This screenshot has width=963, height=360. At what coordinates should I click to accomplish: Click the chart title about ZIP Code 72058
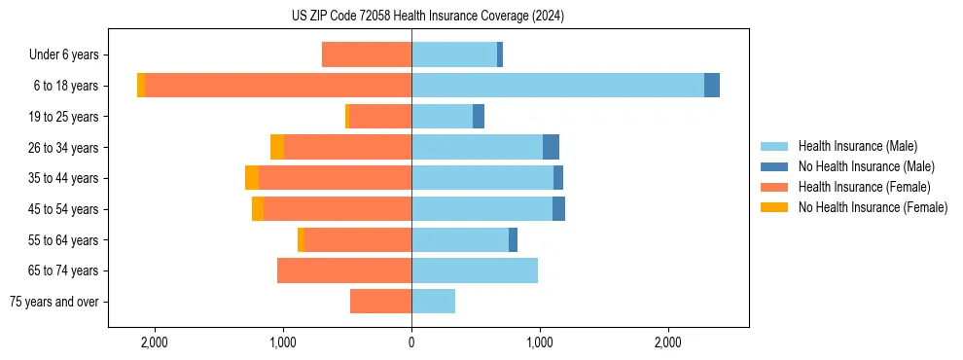click(427, 17)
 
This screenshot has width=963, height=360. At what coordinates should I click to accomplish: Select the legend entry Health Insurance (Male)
click(857, 146)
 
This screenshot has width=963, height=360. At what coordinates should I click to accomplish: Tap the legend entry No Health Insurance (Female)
click(872, 207)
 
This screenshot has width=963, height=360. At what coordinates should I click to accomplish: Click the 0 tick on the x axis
click(411, 342)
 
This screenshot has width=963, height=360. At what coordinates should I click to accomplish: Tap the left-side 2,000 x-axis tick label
click(155, 342)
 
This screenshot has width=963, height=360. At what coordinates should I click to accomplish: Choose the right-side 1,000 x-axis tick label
click(540, 342)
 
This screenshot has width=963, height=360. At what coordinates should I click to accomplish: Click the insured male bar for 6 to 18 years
click(557, 86)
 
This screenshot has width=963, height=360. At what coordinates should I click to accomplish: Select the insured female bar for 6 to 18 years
click(278, 86)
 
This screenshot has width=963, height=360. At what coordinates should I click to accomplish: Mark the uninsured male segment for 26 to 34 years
click(551, 147)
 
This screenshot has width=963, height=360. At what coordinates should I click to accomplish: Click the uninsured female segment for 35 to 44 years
click(252, 178)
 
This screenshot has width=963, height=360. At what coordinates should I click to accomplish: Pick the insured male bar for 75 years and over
click(433, 302)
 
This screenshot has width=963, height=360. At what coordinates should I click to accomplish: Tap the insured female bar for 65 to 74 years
click(344, 270)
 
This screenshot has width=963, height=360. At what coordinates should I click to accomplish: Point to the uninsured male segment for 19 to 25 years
click(479, 117)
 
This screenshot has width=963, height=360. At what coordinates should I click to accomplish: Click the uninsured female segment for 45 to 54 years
click(258, 209)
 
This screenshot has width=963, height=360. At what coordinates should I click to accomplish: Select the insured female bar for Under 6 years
click(367, 55)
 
